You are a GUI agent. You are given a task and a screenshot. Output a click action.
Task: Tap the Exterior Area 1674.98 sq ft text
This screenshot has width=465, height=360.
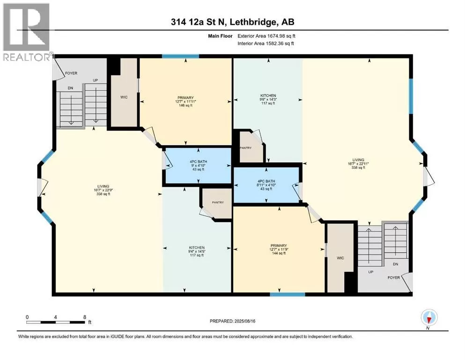(x=266, y=36)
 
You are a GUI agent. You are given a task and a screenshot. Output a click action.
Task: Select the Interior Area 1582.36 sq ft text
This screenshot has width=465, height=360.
(x=266, y=43)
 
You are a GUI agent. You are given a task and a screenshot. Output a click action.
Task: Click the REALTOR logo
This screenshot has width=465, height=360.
(x=26, y=32)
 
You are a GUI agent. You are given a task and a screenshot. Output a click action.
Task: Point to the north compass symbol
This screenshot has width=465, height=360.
(x=429, y=318)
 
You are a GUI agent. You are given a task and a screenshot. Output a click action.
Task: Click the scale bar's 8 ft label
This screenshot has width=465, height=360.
(x=85, y=317)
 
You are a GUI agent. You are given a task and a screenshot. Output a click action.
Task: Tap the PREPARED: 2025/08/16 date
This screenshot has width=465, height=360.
(x=232, y=321)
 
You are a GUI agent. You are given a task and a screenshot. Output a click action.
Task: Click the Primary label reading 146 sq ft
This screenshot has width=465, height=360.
(x=185, y=102)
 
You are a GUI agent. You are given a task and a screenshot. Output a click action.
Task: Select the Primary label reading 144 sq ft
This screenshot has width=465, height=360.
(x=279, y=249)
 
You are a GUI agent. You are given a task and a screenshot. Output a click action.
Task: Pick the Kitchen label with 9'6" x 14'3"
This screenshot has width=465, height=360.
(x=268, y=99)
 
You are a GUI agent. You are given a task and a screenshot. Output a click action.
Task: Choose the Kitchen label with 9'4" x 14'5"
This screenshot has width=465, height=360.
(x=197, y=251)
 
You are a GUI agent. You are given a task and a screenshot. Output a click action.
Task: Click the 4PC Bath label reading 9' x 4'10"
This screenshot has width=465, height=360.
(x=199, y=165)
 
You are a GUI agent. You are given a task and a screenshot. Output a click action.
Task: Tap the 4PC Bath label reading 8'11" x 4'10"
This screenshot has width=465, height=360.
(x=266, y=185)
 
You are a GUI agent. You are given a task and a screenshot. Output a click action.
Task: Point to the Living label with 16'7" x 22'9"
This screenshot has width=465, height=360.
(x=103, y=190)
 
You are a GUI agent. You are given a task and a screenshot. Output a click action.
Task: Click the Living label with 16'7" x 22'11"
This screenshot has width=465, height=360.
(x=358, y=164)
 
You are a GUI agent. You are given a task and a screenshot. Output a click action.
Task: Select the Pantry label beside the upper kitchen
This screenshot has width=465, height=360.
(x=245, y=148)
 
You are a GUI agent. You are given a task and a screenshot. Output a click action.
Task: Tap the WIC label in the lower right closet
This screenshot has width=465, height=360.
(x=340, y=258)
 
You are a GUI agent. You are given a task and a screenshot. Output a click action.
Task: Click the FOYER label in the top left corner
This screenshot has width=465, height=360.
(x=71, y=73)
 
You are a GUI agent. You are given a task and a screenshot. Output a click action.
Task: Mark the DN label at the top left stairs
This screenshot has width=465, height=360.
(x=70, y=88)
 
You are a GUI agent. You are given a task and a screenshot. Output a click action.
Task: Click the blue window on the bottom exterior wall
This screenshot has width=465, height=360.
(x=288, y=294)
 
